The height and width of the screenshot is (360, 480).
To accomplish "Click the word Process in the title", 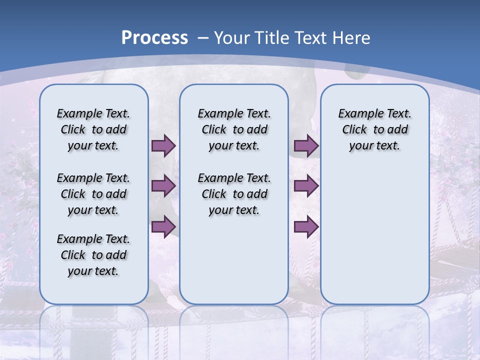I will pos(154,38).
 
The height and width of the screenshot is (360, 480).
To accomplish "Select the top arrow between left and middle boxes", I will pos(163,146).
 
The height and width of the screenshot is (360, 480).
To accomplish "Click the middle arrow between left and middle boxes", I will pos(163,186).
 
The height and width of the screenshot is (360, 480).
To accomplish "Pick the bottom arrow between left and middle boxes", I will pos(163,226).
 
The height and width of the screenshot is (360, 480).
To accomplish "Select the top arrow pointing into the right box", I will pos(306,146).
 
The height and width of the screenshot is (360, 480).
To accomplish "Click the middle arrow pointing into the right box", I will pos(306,186).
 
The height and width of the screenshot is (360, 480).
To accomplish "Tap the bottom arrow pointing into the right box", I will pos(306,226).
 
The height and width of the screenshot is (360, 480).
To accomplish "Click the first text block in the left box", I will pos(93,129).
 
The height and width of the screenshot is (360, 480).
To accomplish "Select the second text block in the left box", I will pos(93,194).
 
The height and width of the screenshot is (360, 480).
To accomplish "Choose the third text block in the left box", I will pos(93,255).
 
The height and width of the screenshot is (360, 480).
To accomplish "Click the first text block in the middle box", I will pos(234,129).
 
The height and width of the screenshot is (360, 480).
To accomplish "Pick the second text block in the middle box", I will pos(234,194).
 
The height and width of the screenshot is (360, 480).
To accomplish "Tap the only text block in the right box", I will pos(374,129).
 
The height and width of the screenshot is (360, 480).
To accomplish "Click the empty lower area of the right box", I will pos(374,240).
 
